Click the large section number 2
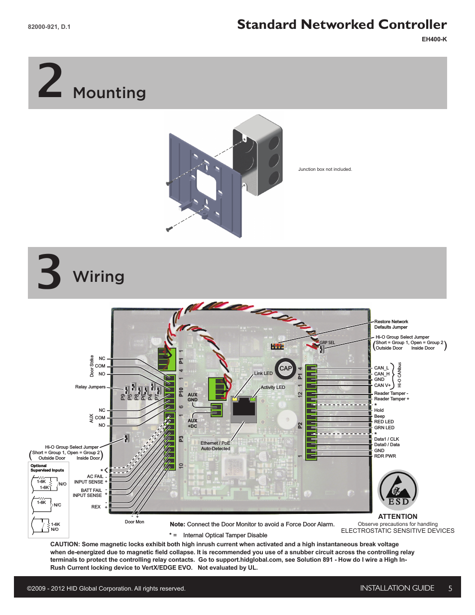pyautogui.click(x=50, y=80)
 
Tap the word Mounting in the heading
pyautogui.click(x=110, y=93)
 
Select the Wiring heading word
pyautogui.click(x=99, y=276)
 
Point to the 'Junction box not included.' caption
pyautogui.click(x=325, y=169)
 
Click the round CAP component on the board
pyautogui.click(x=285, y=369)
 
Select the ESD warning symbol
pyautogui.click(x=398, y=491)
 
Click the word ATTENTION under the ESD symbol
pyautogui.click(x=397, y=516)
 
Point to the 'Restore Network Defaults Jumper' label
pyautogui.click(x=391, y=324)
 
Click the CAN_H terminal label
pyautogui.click(x=381, y=374)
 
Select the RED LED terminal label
pyautogui.click(x=384, y=422)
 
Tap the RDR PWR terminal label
pyautogui.click(x=385, y=456)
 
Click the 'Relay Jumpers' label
pyautogui.click(x=90, y=387)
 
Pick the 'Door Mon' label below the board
pyautogui.click(x=134, y=522)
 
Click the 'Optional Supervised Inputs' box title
pyautogui.click(x=47, y=468)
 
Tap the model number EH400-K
pyautogui.click(x=434, y=39)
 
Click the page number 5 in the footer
pyautogui.click(x=450, y=589)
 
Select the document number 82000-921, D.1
pyautogui.click(x=49, y=27)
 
